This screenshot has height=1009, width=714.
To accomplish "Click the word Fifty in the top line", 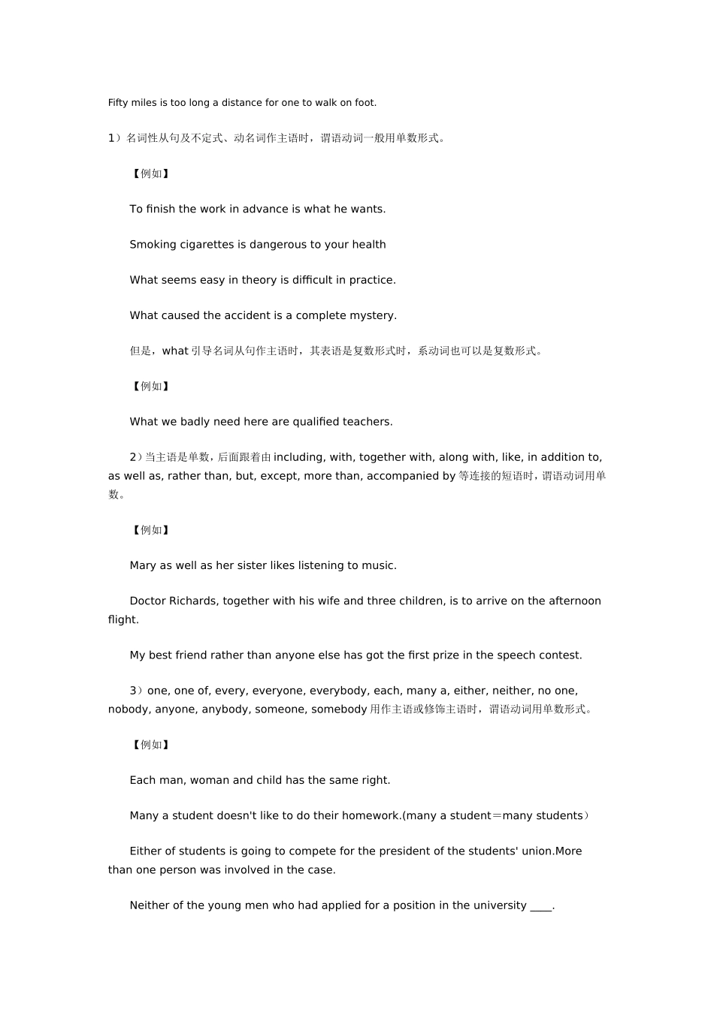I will [118, 103].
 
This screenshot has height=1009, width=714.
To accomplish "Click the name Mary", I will [143, 565].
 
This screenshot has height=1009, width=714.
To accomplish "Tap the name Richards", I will [193, 601].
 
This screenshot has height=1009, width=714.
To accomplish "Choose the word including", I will [298, 457].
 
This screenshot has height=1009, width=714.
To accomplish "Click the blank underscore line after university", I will [541, 907].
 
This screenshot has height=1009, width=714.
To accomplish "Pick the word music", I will [379, 565].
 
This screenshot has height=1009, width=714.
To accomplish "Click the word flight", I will [123, 620].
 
